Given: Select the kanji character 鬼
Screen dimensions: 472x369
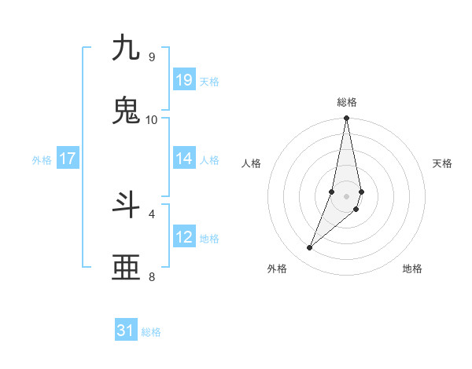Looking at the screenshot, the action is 126,111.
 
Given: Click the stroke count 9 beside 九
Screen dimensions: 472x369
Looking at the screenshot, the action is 151,57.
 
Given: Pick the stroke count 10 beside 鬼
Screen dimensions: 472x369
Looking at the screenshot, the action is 152,119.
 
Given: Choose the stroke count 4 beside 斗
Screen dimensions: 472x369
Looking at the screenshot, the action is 151,213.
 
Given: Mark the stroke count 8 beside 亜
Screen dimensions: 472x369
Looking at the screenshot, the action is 151,276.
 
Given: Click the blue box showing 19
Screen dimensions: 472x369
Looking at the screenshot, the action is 184,80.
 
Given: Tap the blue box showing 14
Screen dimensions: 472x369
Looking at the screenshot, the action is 184,159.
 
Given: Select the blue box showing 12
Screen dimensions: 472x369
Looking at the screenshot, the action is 184,237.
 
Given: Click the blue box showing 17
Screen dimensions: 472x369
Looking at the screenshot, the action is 68,159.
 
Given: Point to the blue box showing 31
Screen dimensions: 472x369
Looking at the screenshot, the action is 126,331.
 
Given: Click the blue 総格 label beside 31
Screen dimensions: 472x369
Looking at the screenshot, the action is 151,332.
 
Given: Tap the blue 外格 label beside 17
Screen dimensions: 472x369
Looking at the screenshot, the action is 42,160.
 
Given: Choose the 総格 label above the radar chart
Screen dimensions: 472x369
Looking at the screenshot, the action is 347,102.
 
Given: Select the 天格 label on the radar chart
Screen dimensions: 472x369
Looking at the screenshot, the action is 443,163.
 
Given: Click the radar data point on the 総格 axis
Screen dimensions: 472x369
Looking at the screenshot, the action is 347,119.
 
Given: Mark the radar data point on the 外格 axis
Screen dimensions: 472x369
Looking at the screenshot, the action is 310,248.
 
